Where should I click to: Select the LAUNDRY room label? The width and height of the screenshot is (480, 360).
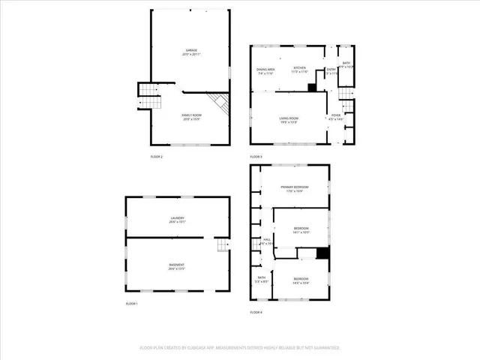point(177,218)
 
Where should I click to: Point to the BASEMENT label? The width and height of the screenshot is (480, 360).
point(177,265)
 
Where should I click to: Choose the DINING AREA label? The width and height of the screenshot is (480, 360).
point(265,70)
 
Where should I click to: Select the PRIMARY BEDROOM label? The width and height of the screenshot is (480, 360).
point(294,187)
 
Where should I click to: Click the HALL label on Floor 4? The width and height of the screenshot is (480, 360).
point(266,241)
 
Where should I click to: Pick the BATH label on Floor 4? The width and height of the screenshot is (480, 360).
point(262,278)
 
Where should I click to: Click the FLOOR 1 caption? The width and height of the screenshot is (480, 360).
point(132,303)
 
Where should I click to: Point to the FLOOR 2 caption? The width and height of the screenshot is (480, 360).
point(157,156)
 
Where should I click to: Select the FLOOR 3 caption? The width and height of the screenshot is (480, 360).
point(256,156)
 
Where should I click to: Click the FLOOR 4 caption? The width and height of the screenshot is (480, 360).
point(256,312)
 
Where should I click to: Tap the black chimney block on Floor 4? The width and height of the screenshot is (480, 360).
point(322,253)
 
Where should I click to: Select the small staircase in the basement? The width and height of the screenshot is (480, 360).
point(221,246)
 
